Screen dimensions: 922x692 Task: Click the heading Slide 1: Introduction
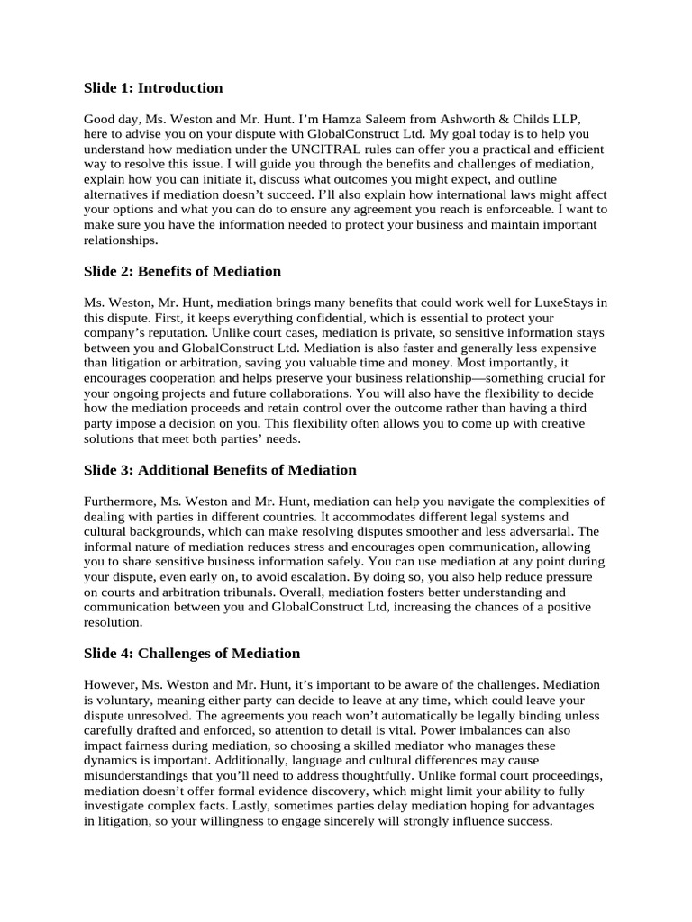pos(153,88)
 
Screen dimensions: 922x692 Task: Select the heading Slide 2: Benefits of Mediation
pos(183,271)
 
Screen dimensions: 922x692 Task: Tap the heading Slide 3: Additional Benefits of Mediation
pos(220,470)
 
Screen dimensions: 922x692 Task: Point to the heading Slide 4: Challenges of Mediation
pos(192,653)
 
